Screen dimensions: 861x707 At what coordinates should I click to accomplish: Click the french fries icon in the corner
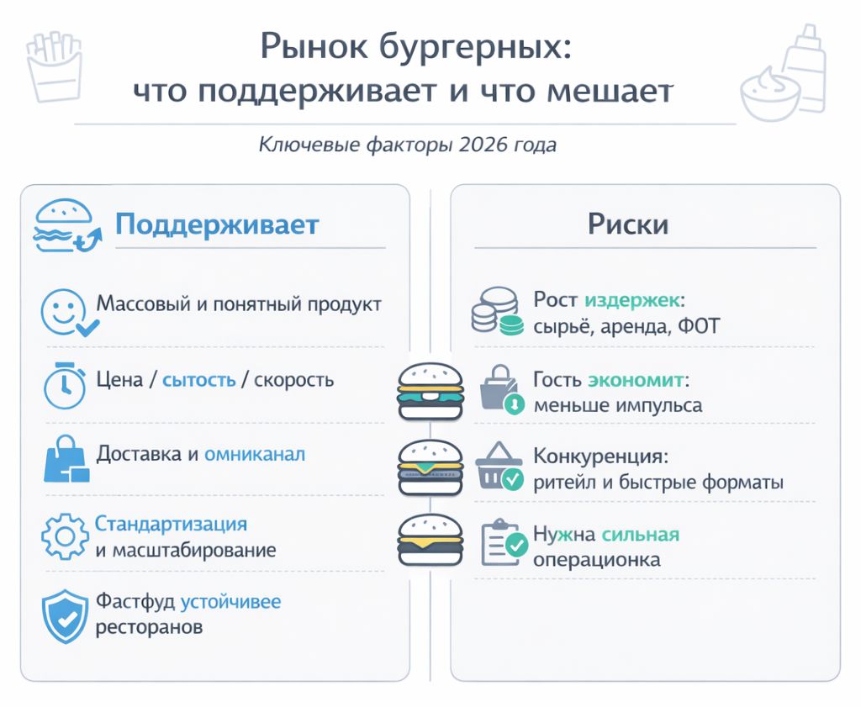click(55, 67)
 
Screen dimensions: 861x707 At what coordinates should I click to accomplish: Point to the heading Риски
click(628, 224)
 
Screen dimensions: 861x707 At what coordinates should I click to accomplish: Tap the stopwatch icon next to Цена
click(65, 385)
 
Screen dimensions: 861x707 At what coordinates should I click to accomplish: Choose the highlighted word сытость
click(198, 380)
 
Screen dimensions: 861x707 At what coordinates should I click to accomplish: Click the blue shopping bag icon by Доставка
click(66, 459)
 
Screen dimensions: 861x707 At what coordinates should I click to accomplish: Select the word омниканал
click(255, 455)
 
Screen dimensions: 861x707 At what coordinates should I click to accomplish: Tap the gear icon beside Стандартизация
click(65, 536)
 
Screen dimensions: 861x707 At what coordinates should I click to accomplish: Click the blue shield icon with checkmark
click(66, 616)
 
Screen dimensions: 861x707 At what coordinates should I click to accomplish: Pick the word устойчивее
click(230, 602)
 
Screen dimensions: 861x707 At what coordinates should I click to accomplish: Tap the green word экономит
click(636, 380)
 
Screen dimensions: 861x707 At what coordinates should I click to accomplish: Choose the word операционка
click(597, 561)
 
